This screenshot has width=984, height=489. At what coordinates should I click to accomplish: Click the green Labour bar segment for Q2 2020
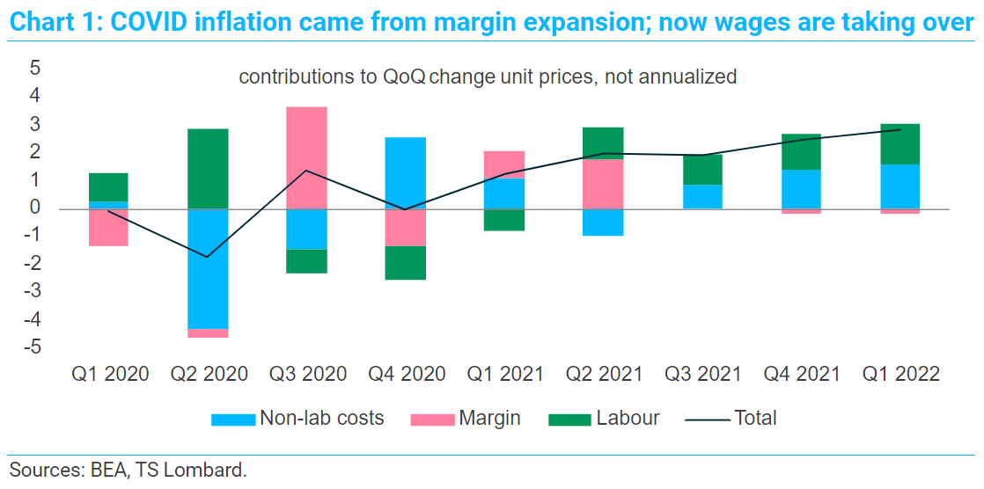point(207,169)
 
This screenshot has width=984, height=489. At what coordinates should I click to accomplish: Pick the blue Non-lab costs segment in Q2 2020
point(207,269)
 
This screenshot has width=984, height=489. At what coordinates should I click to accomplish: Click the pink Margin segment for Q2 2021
point(603,185)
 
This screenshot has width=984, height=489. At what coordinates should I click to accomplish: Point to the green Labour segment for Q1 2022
point(900,144)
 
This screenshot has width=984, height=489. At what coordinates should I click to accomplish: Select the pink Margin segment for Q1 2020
point(107,228)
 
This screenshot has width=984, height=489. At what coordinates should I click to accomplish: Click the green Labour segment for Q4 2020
point(405,263)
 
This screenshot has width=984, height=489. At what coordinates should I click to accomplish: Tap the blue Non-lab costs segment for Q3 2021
point(702,197)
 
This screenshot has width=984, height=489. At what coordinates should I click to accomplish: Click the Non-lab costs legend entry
point(297,418)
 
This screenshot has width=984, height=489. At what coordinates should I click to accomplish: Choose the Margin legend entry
point(465,418)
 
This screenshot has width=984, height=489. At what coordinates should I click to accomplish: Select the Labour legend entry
point(604,418)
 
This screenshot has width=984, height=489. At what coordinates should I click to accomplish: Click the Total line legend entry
point(731,418)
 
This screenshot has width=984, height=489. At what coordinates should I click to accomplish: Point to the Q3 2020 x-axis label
point(307,375)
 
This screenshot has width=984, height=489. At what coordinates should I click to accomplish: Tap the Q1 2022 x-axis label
point(900,375)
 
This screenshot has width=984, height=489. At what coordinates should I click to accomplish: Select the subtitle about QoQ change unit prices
point(488,77)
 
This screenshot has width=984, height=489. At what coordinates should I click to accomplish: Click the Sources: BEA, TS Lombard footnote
point(129,471)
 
